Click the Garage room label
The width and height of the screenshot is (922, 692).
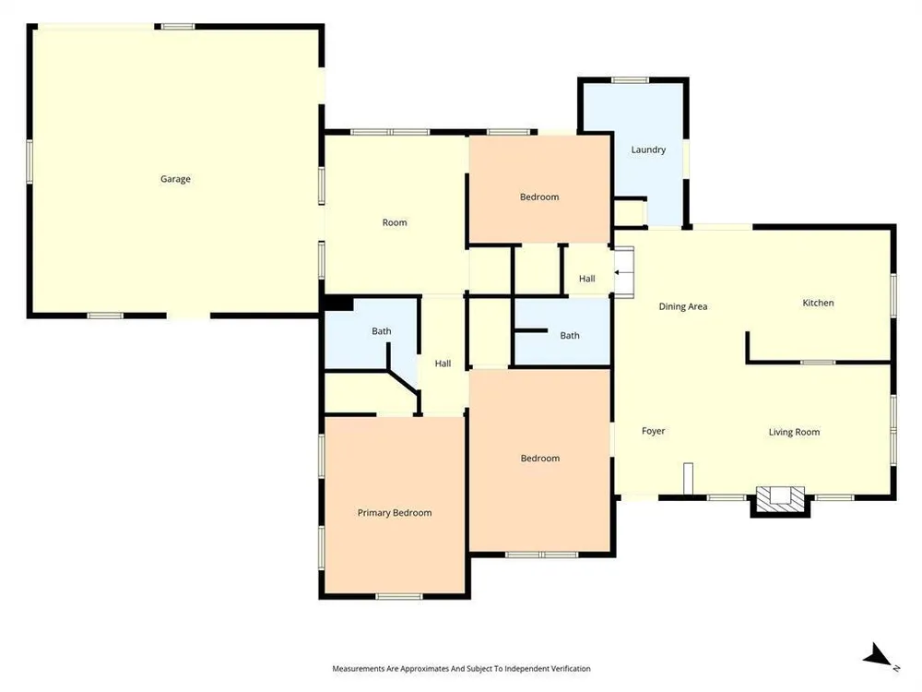(175, 179)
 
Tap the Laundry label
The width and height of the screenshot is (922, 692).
(648, 150)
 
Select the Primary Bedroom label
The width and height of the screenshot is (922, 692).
(395, 512)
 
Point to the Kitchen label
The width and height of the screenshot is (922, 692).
(818, 303)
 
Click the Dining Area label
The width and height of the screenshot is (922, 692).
(682, 306)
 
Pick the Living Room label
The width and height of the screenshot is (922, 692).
(794, 432)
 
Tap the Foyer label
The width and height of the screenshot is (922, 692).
(654, 431)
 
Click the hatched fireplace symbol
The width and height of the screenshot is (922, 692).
(780, 499)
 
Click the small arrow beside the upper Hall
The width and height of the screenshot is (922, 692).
(618, 272)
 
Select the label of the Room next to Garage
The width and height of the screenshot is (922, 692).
(395, 222)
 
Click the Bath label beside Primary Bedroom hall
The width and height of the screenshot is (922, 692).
(381, 331)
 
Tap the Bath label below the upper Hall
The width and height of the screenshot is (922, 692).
(569, 336)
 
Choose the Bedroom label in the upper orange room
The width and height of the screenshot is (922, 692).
(539, 197)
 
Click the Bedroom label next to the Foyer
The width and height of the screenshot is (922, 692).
(539, 459)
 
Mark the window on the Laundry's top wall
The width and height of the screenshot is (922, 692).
(630, 80)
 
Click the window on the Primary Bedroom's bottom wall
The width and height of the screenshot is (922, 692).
(398, 597)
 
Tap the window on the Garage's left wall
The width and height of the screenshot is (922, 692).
(30, 161)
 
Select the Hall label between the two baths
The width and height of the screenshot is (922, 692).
(443, 364)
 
